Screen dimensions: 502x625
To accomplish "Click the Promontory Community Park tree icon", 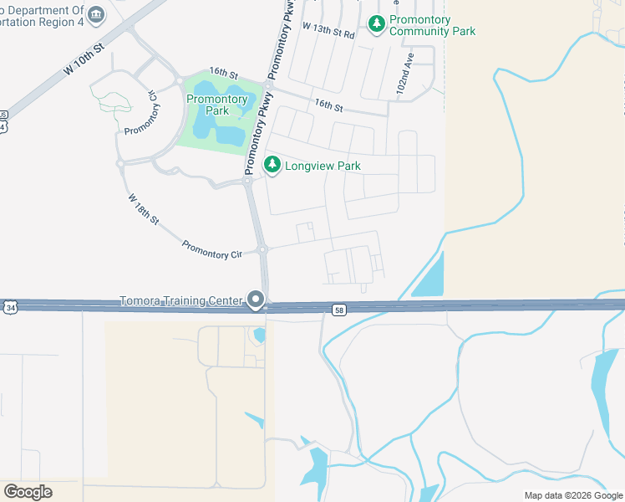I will (377, 25).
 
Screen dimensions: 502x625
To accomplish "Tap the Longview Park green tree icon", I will (272, 166).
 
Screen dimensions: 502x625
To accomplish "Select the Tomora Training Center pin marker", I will (257, 300).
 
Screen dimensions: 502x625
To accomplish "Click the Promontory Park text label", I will (216, 105).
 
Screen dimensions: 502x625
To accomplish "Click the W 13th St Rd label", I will (328, 31).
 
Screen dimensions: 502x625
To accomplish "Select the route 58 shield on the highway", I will (338, 310).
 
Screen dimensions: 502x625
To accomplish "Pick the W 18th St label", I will (144, 209).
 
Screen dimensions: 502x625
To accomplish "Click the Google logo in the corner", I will (28, 492).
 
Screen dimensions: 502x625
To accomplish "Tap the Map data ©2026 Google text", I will (572, 495).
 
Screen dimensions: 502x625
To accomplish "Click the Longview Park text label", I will (323, 166).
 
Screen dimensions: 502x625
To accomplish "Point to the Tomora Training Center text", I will (180, 300).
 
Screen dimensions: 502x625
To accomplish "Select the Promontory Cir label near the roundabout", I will (211, 248).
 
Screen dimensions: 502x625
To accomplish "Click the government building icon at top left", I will (96, 14).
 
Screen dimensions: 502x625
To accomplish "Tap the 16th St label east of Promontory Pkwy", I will (329, 105).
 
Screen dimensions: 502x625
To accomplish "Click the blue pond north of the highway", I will (429, 275).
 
